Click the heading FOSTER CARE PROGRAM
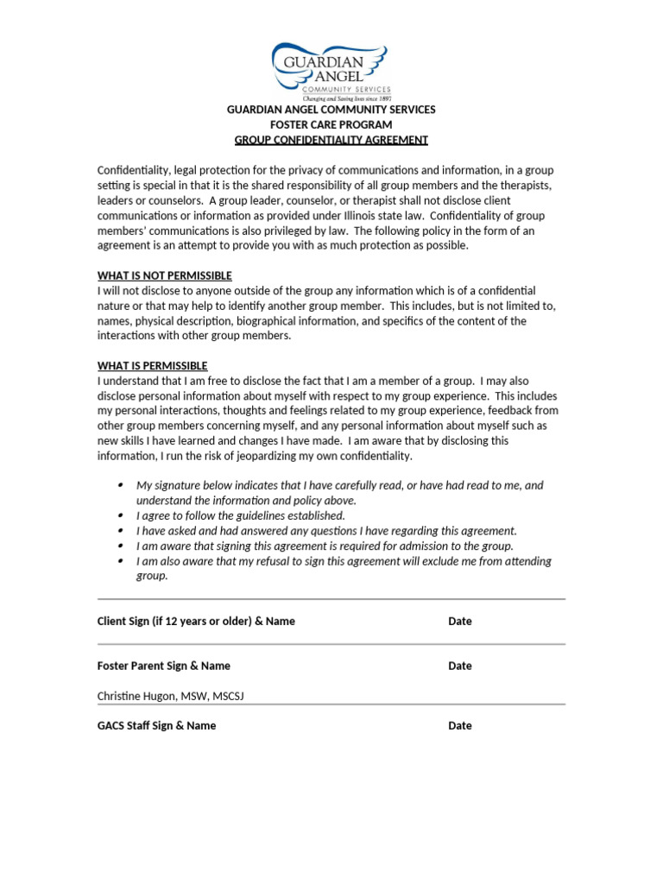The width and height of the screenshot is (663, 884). click(331, 125)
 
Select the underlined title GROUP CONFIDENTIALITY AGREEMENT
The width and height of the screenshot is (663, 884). click(331, 140)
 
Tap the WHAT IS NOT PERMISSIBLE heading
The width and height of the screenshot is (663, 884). click(165, 275)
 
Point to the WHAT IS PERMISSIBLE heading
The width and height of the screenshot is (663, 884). click(153, 365)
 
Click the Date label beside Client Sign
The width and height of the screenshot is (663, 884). click(460, 621)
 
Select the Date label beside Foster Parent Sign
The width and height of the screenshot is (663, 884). click(460, 666)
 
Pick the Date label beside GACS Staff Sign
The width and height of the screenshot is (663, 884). click(460, 725)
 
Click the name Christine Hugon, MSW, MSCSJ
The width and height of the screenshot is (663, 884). click(171, 696)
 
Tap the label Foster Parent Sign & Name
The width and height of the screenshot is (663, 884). click(164, 666)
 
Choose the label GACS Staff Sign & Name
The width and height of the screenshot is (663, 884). click(156, 725)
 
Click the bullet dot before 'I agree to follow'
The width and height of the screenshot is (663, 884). click(120, 515)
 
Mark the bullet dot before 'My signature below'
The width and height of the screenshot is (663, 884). click(120, 485)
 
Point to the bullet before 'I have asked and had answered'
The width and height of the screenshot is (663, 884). click(120, 531)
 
